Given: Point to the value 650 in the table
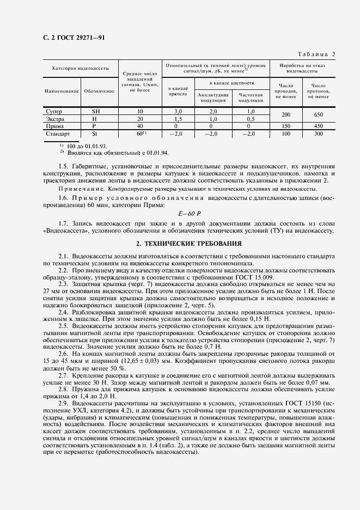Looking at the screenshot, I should point(318,115).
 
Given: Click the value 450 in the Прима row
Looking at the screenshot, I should point(318,126).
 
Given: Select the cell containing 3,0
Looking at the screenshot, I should point(177,111).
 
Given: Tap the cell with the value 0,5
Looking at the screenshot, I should point(251,119).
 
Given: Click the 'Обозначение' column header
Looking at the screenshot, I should point(99,90).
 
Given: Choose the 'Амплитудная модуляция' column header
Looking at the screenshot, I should point(213,98).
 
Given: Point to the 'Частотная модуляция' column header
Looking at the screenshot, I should point(251,98).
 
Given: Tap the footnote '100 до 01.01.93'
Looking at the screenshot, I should point(87,145).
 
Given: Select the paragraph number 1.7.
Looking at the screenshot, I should point(63,223).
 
